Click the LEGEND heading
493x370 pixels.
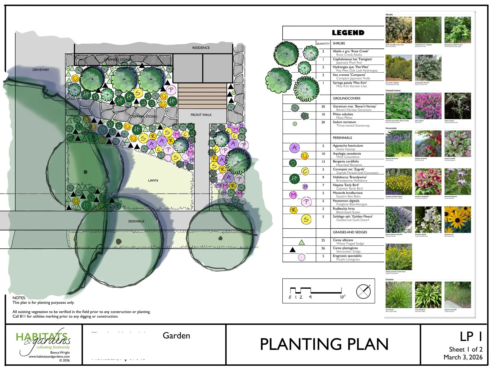pyautogui.click(x=348, y=33)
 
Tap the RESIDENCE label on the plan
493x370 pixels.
pyautogui.click(x=201, y=48)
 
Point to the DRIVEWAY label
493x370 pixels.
pyautogui.click(x=41, y=70)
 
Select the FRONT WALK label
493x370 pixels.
pyautogui.click(x=201, y=115)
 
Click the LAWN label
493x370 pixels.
pyautogui.click(x=153, y=181)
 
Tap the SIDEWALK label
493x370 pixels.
pyautogui.click(x=136, y=221)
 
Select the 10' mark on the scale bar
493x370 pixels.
pyautogui.click(x=342, y=297)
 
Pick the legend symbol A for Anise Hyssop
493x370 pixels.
pyautogui.click(x=295, y=147)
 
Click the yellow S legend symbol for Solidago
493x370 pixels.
pyautogui.click(x=306, y=219)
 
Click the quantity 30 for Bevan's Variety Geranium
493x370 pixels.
pyautogui.click(x=323, y=107)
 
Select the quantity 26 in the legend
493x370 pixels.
pyautogui.click(x=323, y=248)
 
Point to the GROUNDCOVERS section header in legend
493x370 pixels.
pyautogui.click(x=347, y=98)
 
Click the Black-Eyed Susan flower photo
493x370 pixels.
pyautogui.click(x=457, y=220)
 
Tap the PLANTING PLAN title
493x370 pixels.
pyautogui.click(x=324, y=344)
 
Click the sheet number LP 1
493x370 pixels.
pyautogui.click(x=471, y=337)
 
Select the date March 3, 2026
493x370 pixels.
pyautogui.click(x=463, y=357)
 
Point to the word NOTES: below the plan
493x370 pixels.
pyautogui.click(x=19, y=298)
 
